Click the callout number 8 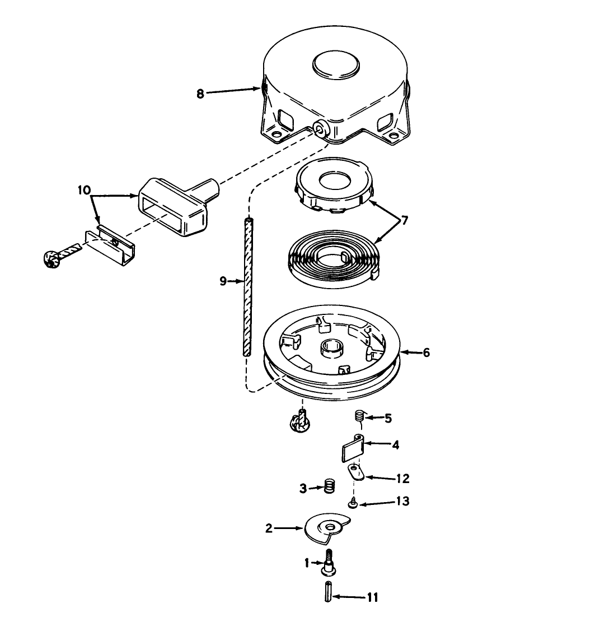[x=200, y=94]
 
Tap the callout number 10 [x=84, y=191]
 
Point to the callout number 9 [x=223, y=281]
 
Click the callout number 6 [x=426, y=352]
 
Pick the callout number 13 [x=403, y=502]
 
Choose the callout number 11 [x=372, y=597]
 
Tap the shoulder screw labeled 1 [x=329, y=563]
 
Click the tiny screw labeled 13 [x=353, y=503]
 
